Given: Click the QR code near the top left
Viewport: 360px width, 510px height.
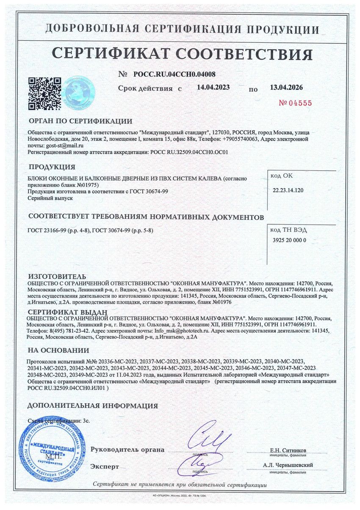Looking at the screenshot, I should click(44, 93).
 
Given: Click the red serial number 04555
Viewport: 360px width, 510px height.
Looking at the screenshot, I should click(295, 103).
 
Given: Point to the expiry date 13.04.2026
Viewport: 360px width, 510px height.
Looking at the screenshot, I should click(286, 87).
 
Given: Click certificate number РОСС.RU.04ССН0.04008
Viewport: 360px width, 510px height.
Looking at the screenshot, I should click(171, 74).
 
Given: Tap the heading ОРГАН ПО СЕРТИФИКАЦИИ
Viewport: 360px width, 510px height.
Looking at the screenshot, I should click(80, 121).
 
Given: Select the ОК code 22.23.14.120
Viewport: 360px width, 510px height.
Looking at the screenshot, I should click(288, 190).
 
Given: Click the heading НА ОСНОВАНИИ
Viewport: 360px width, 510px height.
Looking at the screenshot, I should click(58, 350).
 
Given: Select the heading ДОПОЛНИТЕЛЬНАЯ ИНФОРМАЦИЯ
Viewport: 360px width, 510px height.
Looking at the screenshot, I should click(93, 406).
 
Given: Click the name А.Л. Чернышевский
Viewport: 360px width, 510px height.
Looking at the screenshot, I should click(288, 465).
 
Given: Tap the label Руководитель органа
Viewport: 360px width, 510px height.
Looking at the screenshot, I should click(127, 449).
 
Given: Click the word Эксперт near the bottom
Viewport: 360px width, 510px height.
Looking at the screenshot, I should click(105, 466).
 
